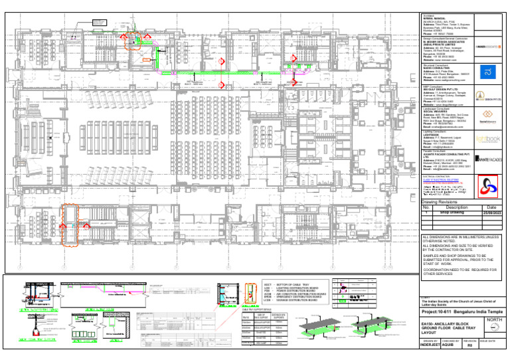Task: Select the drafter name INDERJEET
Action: [x=434, y=345]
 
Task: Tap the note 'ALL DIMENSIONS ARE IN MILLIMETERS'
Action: [x=462, y=237]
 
